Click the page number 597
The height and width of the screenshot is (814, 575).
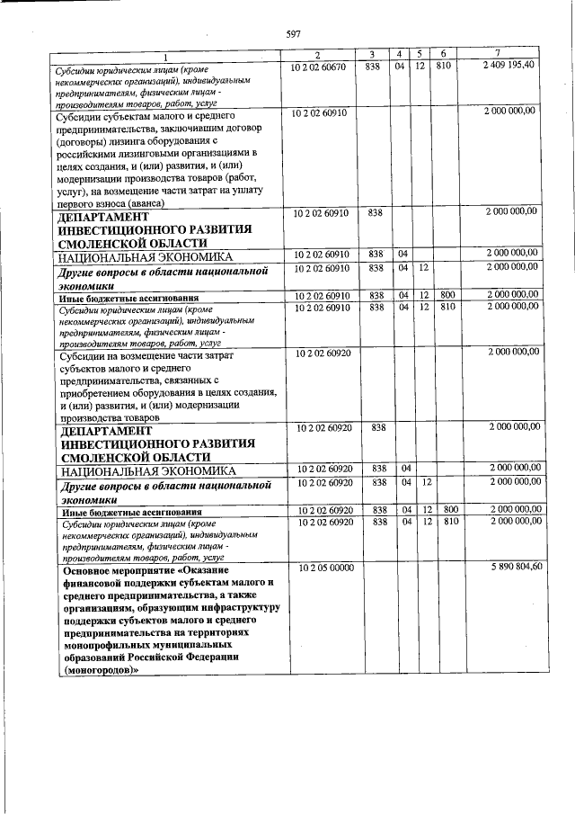pos(293,33)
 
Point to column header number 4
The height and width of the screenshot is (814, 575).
pos(400,55)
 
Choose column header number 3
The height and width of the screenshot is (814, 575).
pos(371,55)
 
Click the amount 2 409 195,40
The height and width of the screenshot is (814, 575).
pos(508,67)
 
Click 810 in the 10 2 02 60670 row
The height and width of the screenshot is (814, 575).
pos(442,67)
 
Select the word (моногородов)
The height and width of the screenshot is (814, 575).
pos(99,670)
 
